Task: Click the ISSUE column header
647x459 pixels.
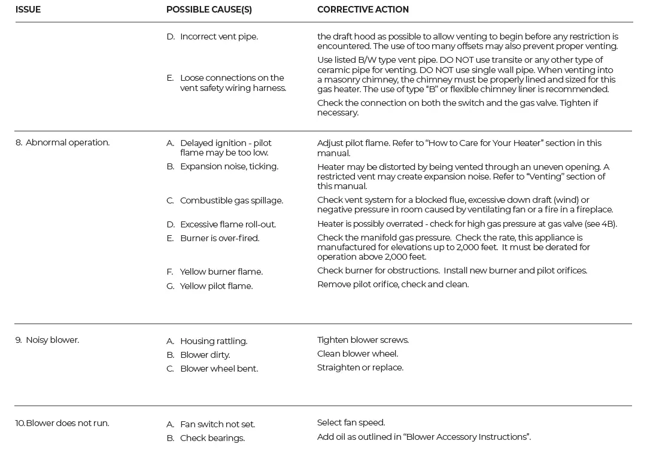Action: coord(28,10)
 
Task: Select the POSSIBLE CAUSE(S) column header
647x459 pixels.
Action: coord(209,10)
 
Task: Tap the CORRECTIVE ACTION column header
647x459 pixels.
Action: coord(363,10)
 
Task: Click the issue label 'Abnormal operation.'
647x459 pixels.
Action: coord(67,142)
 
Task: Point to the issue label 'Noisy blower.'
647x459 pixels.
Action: coord(52,340)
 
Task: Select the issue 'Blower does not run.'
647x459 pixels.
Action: coord(67,423)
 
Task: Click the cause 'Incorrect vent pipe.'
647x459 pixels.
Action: coord(218,37)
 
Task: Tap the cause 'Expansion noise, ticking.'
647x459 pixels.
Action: coord(229,166)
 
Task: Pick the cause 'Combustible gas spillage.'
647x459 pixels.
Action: coord(231,200)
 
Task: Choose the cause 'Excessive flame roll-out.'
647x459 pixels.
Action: coord(227,224)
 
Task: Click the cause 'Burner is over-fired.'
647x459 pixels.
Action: coord(219,238)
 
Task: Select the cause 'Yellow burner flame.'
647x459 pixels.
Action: coord(221,272)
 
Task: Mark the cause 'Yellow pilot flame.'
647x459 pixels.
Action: coord(216,286)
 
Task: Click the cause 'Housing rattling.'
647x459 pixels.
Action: coord(213,341)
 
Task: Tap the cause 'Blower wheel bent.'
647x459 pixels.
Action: coord(218,369)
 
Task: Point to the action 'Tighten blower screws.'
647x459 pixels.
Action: coord(363,340)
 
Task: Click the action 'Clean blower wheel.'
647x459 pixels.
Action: coord(357,354)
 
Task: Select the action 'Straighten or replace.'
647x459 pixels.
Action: coord(360,367)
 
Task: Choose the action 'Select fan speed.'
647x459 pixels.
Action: coord(351,422)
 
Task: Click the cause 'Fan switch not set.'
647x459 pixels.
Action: coord(217,424)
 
